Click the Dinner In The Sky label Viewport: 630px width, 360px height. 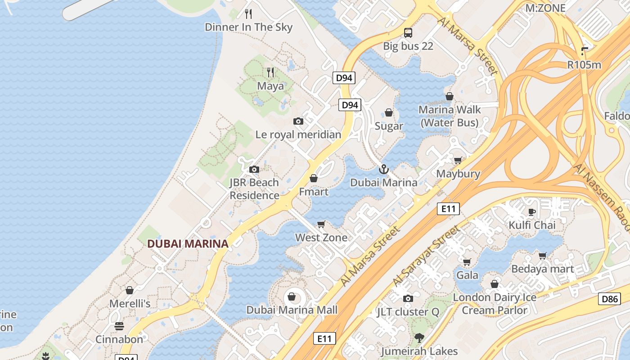248,27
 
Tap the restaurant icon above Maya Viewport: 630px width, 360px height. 270,72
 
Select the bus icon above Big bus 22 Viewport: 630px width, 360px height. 408,32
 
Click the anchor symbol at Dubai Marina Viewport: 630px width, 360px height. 384,169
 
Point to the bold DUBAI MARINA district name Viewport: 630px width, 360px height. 188,244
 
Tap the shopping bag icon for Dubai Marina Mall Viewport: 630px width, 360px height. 292,297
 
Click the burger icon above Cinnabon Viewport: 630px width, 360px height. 119,326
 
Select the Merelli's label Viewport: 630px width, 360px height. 130,304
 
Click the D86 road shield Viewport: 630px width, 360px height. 610,298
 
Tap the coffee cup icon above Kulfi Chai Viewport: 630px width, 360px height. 532,211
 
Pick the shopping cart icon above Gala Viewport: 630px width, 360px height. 467,261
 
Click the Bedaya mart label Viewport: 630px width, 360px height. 543,269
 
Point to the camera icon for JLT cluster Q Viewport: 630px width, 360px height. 408,298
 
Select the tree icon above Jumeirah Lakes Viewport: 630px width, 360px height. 419,337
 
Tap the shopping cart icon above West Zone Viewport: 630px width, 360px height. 321,224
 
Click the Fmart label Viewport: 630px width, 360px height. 314,192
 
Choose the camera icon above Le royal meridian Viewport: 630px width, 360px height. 298,121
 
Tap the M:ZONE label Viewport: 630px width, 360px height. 545,8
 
